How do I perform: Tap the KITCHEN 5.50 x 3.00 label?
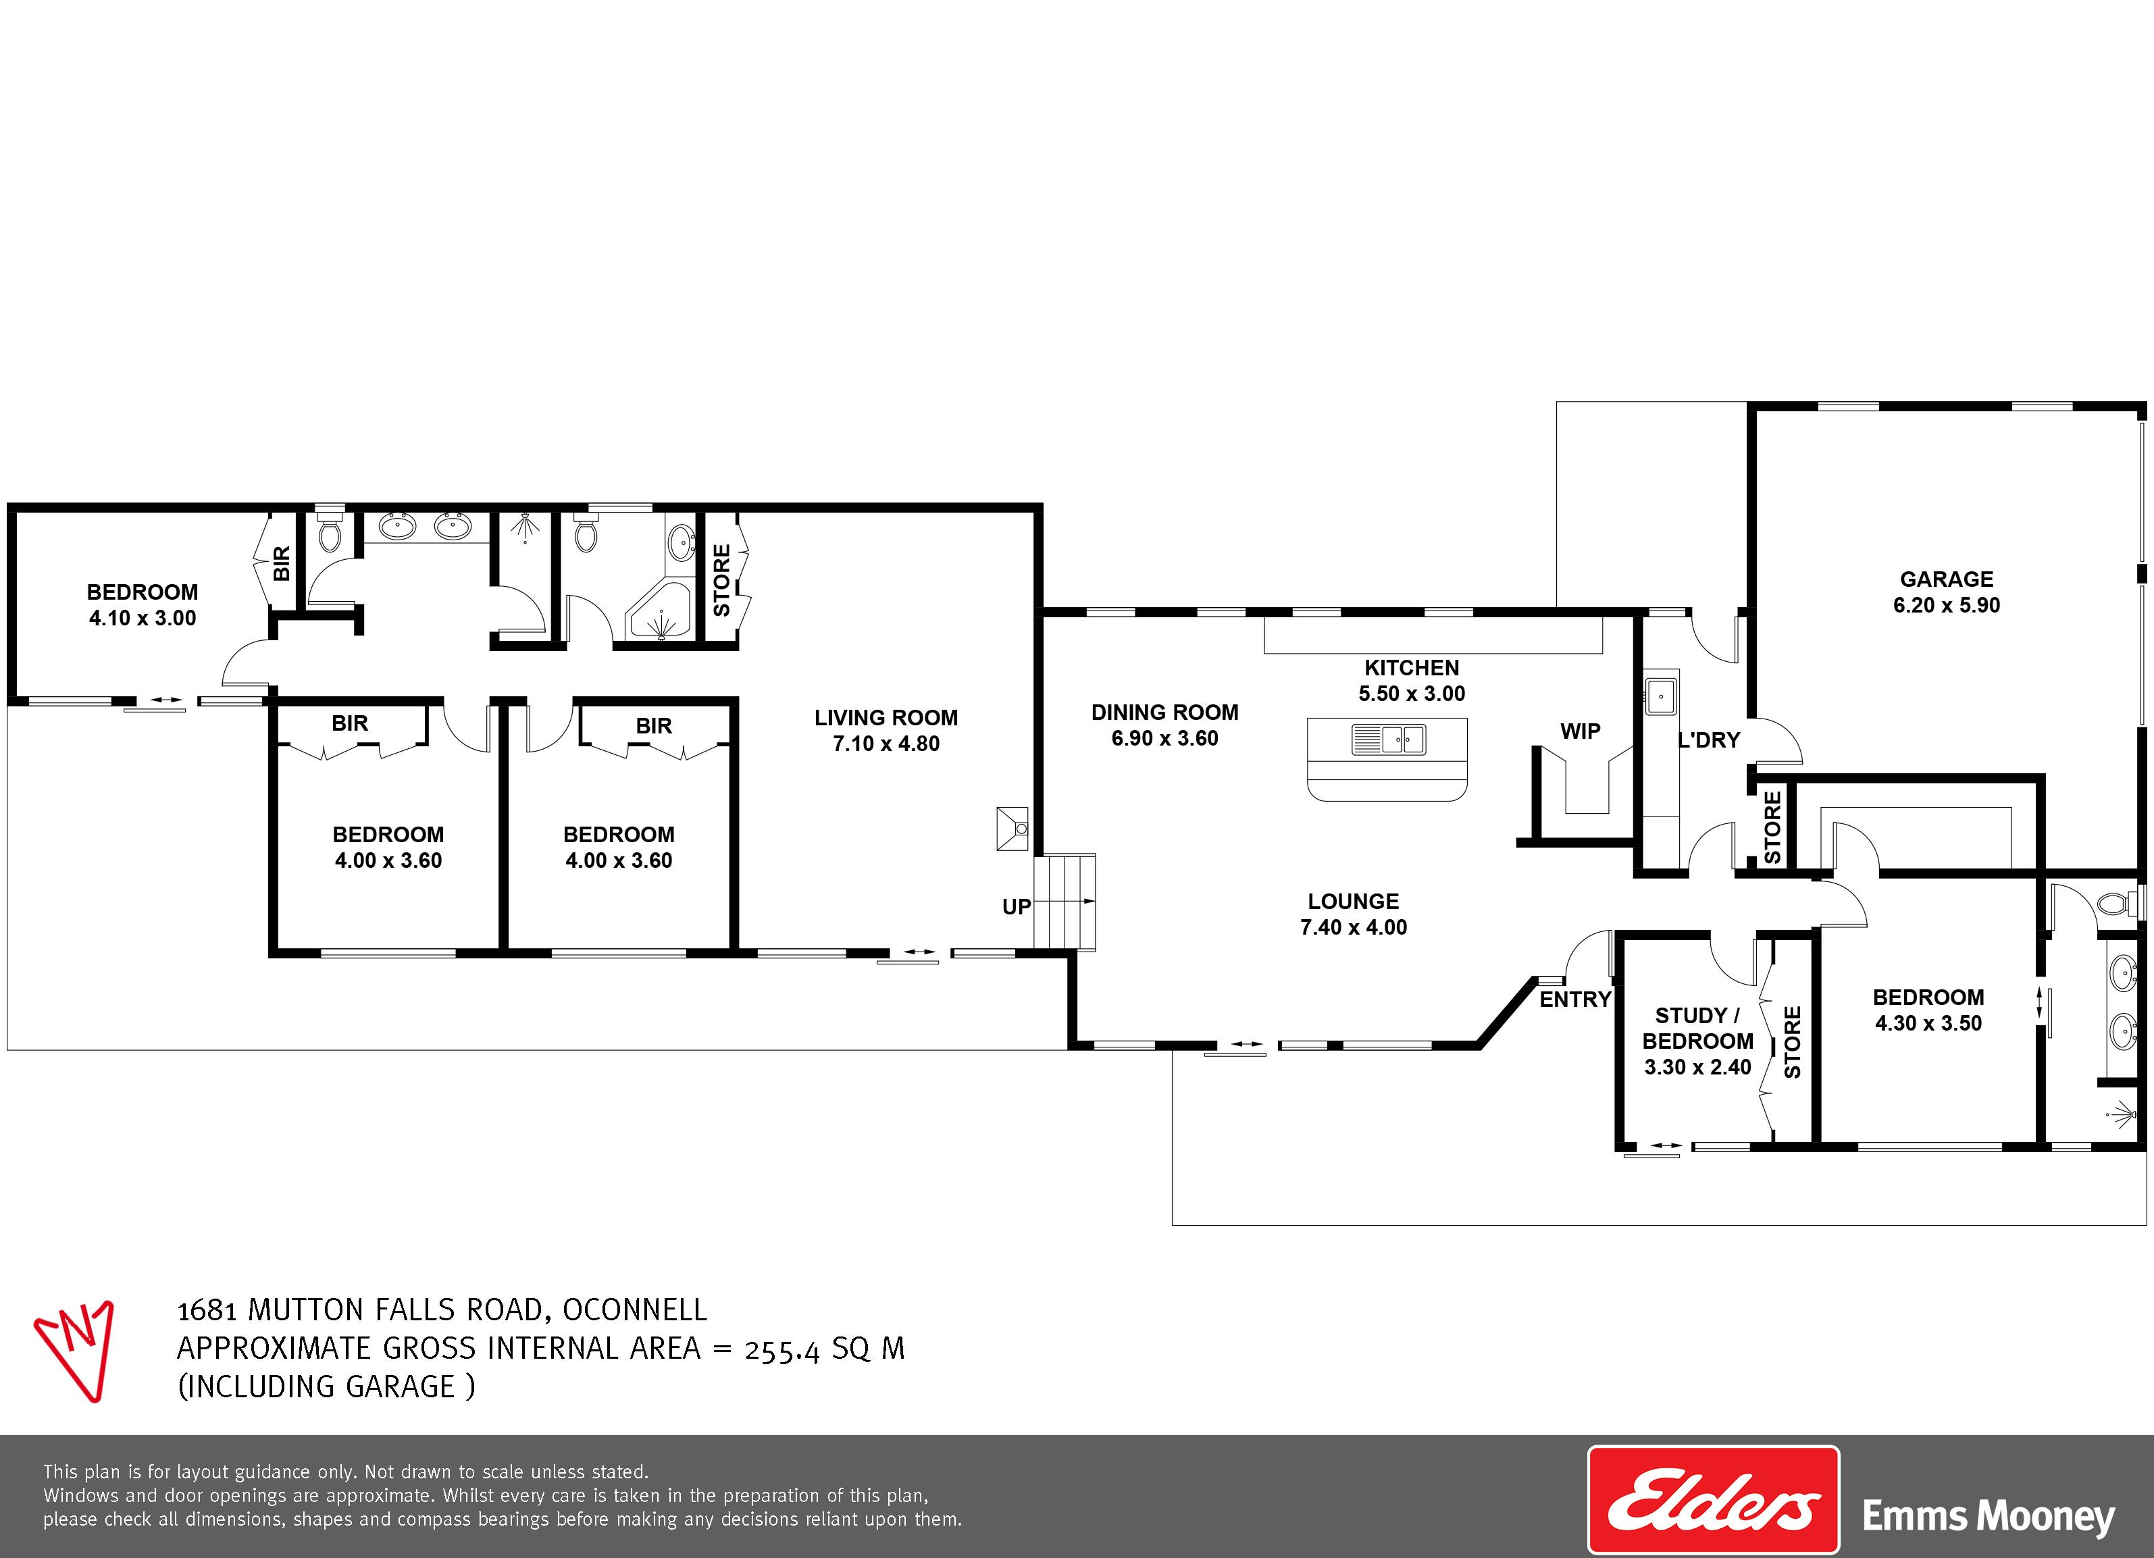tap(1411, 680)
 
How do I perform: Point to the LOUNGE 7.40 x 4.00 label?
tap(1354, 913)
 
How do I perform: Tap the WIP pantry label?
tap(1581, 731)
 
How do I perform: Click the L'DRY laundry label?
tap(1709, 739)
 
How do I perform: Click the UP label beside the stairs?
tap(1017, 907)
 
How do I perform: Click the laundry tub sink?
tap(1660, 695)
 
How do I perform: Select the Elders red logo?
tap(1714, 1500)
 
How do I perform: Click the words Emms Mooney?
tap(1989, 1516)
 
